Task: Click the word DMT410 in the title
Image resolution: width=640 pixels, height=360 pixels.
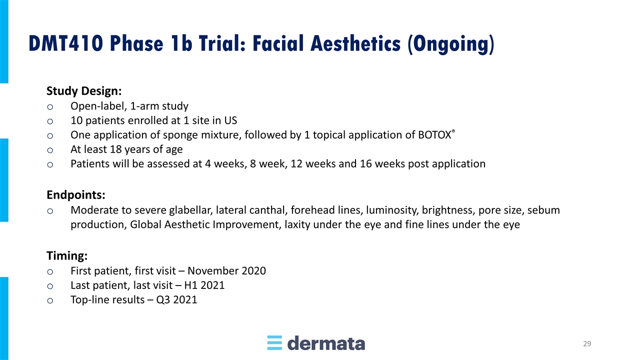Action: coord(66,43)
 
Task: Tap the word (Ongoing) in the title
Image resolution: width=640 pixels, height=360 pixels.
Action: coord(451,44)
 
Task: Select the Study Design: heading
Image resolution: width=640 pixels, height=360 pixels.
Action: coord(84,91)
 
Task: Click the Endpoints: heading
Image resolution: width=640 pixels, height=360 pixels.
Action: coord(76,195)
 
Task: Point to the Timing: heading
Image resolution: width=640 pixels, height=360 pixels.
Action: coord(67,255)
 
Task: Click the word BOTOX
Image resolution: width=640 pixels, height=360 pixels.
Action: coord(434,135)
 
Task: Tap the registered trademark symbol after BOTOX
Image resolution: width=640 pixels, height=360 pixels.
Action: coord(453,131)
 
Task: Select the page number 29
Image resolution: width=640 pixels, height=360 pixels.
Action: coord(587,343)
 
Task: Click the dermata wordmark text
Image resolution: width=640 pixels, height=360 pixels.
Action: coord(326,343)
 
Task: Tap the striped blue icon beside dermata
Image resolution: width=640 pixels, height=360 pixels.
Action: coord(274,343)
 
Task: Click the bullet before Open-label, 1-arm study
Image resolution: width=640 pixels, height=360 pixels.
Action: coord(50,107)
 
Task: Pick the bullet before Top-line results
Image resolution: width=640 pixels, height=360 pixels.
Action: coord(50,300)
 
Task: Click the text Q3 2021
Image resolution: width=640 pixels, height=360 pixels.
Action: coord(176,299)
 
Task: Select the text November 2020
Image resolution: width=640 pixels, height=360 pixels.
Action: coord(226,271)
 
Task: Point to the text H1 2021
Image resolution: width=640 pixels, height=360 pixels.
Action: coord(204,285)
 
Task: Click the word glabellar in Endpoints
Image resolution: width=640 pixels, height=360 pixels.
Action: coord(191,210)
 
